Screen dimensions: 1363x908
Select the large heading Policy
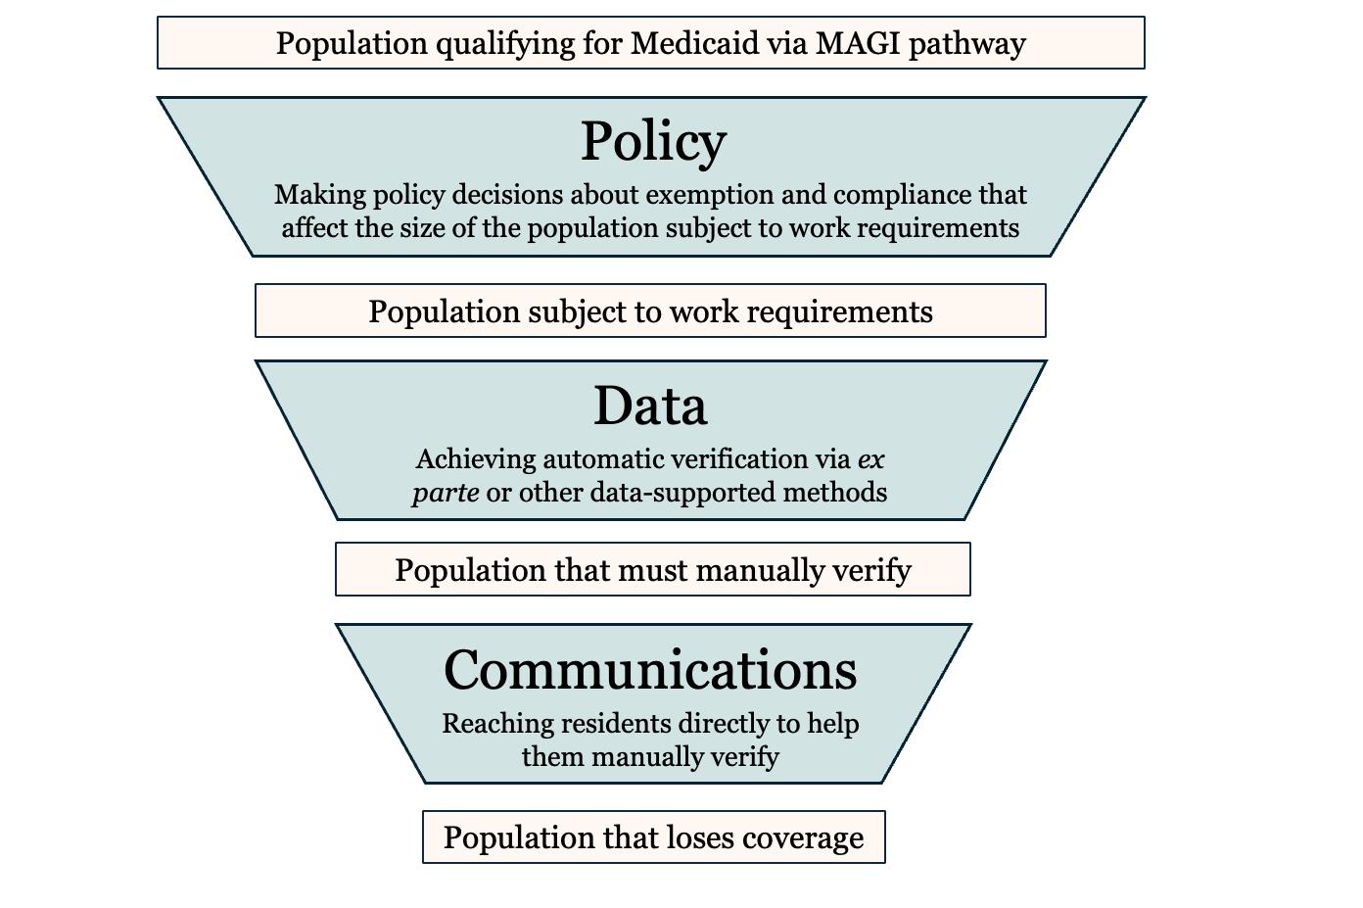[653, 141]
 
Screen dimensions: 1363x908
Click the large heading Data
[650, 406]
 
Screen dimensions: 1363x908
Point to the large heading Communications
[650, 670]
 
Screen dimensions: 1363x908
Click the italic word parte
[446, 492]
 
